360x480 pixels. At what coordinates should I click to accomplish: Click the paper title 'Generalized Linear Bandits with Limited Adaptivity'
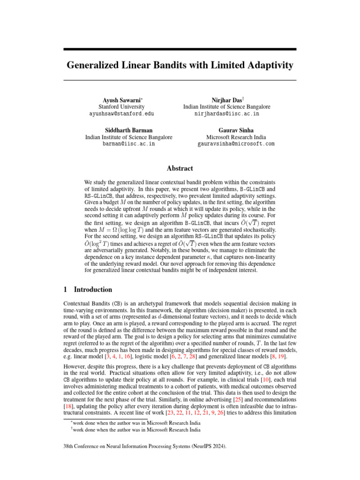[x=180, y=65]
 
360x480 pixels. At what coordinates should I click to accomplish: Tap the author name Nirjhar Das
[x=225, y=100]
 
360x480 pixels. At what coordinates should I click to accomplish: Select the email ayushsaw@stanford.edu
[x=122, y=114]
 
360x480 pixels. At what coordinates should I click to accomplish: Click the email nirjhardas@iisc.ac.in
[x=227, y=114]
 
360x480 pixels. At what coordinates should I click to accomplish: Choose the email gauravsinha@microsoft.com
[x=236, y=144]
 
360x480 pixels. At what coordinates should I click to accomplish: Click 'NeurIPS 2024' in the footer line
[x=210, y=447]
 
